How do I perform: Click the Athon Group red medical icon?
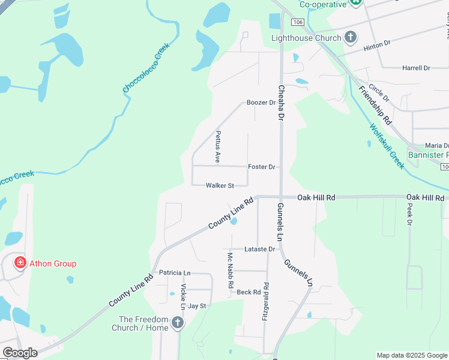click(20, 263)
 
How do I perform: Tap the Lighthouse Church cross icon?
click(351, 38)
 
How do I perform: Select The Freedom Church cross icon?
click(177, 323)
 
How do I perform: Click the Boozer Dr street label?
click(261, 103)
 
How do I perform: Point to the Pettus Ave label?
click(218, 147)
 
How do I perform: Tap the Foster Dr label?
click(261, 167)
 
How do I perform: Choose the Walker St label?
click(219, 186)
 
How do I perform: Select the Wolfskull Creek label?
click(387, 146)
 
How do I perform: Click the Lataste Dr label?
click(259, 249)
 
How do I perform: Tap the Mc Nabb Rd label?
click(230, 271)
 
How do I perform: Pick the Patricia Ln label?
click(175, 272)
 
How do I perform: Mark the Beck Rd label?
click(249, 292)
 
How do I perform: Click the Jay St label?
click(197, 306)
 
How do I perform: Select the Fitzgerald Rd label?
click(265, 301)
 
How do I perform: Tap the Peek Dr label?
click(410, 214)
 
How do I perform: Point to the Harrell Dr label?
click(417, 68)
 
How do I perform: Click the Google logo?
click(20, 353)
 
